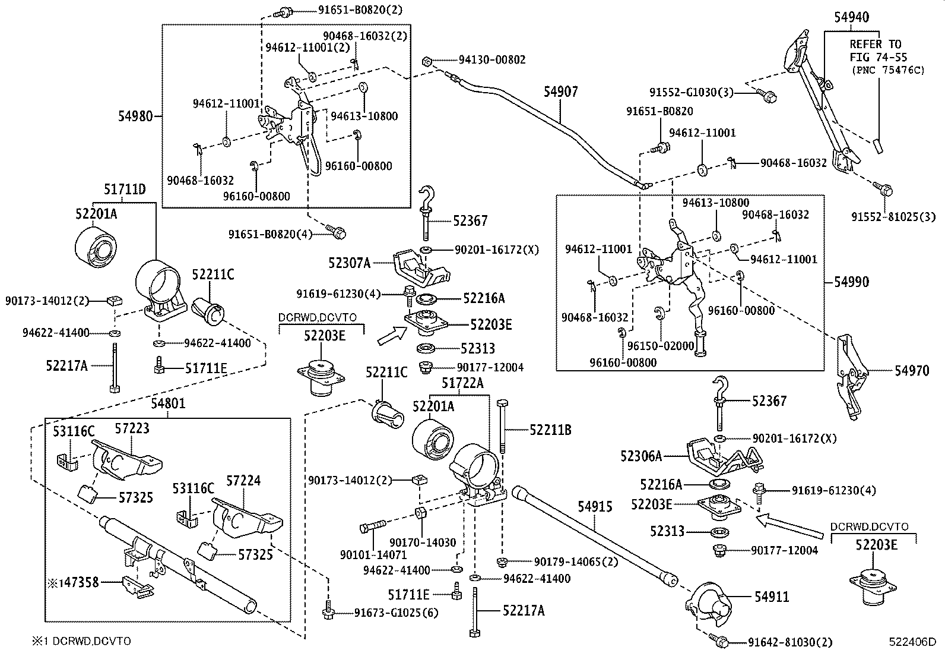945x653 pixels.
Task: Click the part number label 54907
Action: point(560,92)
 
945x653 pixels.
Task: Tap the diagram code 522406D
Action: point(912,642)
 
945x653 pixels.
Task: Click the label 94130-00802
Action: point(491,60)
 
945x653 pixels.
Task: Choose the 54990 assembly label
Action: point(851,282)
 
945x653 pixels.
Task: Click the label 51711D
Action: point(125,190)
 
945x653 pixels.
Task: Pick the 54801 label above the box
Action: point(168,404)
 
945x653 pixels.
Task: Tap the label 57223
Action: point(132,428)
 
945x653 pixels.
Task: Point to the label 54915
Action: point(595,506)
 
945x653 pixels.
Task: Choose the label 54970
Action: point(912,371)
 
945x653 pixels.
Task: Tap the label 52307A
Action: point(350,262)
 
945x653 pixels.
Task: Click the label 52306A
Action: point(641,456)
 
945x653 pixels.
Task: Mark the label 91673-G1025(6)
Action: point(396,612)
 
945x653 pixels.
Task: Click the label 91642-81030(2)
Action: point(790,642)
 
